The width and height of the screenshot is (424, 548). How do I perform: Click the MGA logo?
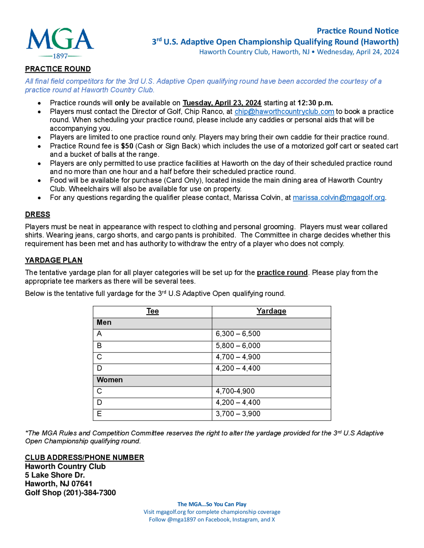tap(60, 43)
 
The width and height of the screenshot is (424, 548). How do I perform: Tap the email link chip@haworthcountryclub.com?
tap(284, 111)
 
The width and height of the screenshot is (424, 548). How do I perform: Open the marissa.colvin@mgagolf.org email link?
tap(339, 198)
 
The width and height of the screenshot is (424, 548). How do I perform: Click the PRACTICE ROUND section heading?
tap(58, 69)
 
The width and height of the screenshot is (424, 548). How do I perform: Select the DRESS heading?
tap(38, 214)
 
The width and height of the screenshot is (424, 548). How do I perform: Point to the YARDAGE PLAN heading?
tap(53, 260)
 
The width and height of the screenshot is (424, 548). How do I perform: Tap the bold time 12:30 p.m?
tap(315, 103)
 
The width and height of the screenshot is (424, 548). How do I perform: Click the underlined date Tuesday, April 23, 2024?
tap(222, 103)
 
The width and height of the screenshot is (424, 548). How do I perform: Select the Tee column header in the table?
tap(152, 311)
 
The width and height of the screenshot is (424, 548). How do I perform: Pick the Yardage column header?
tap(271, 311)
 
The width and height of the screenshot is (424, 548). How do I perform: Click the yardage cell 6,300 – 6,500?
tap(238, 334)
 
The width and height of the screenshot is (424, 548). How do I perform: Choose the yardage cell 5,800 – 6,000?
tap(238, 346)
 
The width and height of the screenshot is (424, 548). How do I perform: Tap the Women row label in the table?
tap(110, 380)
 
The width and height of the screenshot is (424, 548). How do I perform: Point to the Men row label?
tap(104, 322)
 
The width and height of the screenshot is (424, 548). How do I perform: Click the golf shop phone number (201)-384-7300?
tap(90, 493)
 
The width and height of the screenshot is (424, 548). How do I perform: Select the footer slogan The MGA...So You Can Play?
tap(212, 504)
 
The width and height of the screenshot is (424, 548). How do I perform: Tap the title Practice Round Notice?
tap(357, 31)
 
